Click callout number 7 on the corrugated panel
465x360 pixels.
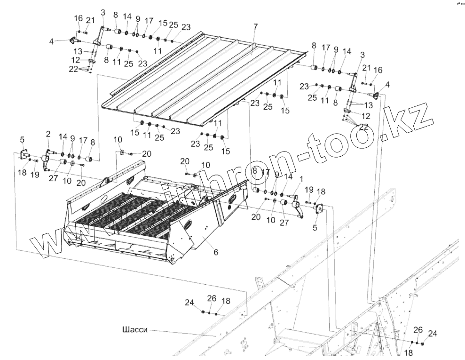[x=255, y=27]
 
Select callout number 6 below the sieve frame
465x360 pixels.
[x=216, y=252]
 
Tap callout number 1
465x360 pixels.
[x=301, y=179]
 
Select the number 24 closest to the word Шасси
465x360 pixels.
[x=189, y=303]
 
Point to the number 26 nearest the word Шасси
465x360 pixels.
[x=212, y=298]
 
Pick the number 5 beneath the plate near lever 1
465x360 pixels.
[x=315, y=227]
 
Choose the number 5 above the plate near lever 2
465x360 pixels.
[x=22, y=139]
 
